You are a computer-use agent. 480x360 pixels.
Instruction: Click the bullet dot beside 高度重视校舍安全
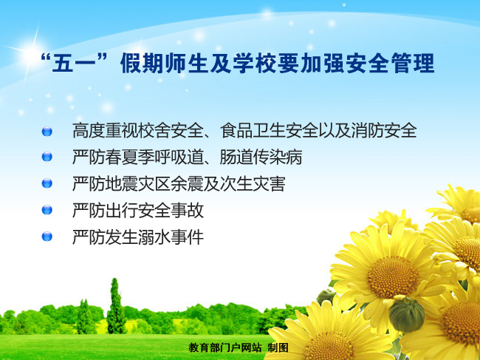48,132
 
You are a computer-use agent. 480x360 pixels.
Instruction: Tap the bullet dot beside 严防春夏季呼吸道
48,157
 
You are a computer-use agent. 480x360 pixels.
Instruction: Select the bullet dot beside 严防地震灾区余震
48,183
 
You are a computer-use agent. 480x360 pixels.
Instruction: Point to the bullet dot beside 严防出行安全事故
48,210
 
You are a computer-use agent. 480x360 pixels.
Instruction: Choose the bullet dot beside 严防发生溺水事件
48,237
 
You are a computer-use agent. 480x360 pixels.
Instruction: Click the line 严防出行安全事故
138,210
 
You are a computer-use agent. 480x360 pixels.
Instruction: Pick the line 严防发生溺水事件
138,237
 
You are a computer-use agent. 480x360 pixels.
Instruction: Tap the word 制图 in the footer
278,347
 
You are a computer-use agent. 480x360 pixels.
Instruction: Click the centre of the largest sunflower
392,277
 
